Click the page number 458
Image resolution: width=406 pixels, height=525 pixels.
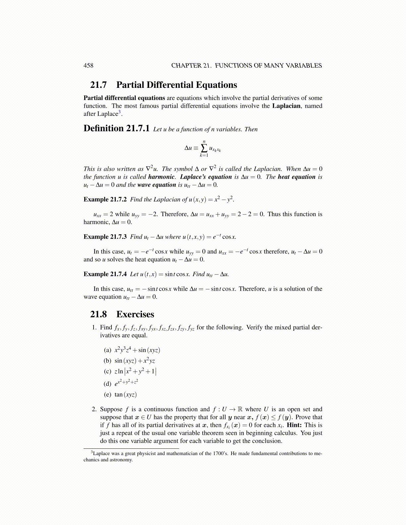click(88, 66)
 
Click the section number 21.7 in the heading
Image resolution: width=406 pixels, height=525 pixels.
click(98, 85)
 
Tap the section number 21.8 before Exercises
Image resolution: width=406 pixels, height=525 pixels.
click(98, 315)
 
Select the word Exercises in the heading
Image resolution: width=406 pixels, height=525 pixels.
click(135, 315)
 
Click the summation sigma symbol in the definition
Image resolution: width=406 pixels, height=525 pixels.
click(204, 148)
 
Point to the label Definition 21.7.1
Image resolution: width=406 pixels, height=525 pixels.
click(116, 129)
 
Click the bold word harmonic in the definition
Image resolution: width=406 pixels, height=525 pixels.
click(161, 177)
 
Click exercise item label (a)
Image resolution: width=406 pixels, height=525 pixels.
click(107, 350)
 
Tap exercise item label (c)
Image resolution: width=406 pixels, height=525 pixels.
click(107, 372)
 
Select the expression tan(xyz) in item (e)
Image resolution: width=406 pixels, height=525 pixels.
click(126, 395)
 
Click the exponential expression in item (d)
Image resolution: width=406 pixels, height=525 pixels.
click(126, 383)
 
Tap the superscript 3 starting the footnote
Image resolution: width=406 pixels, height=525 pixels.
click(92, 452)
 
